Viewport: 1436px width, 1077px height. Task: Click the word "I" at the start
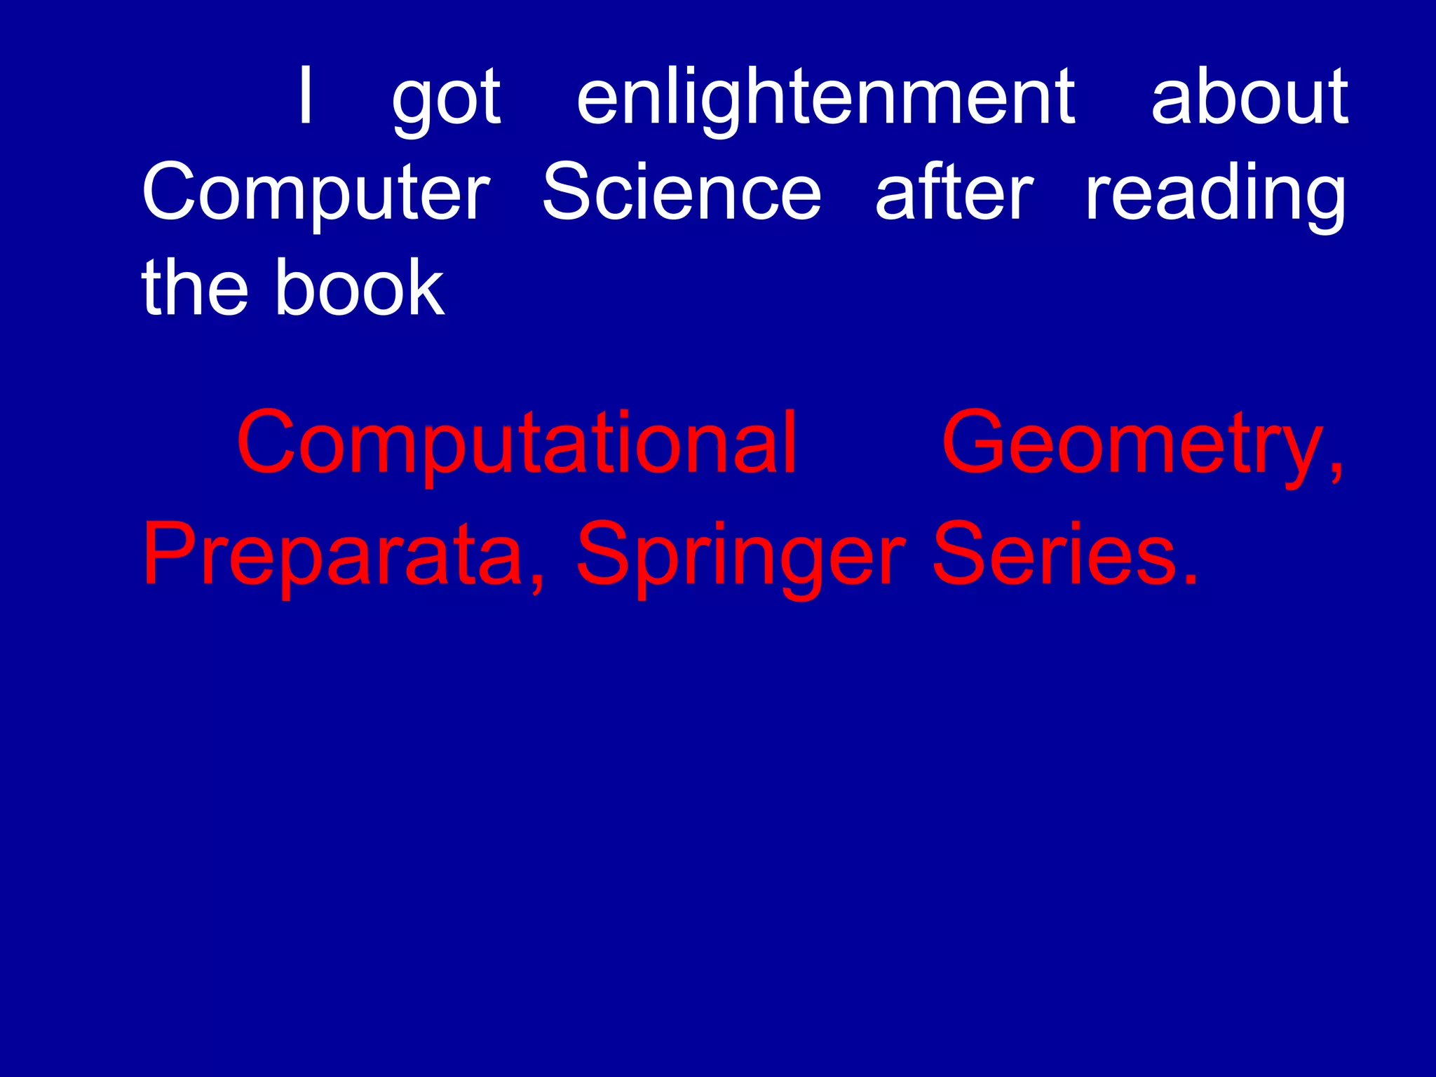[305, 96]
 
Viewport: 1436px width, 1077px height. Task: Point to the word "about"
[1249, 96]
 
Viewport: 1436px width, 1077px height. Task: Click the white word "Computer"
[316, 193]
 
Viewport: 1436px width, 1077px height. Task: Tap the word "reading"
[1215, 194]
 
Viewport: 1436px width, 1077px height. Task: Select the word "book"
[360, 287]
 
